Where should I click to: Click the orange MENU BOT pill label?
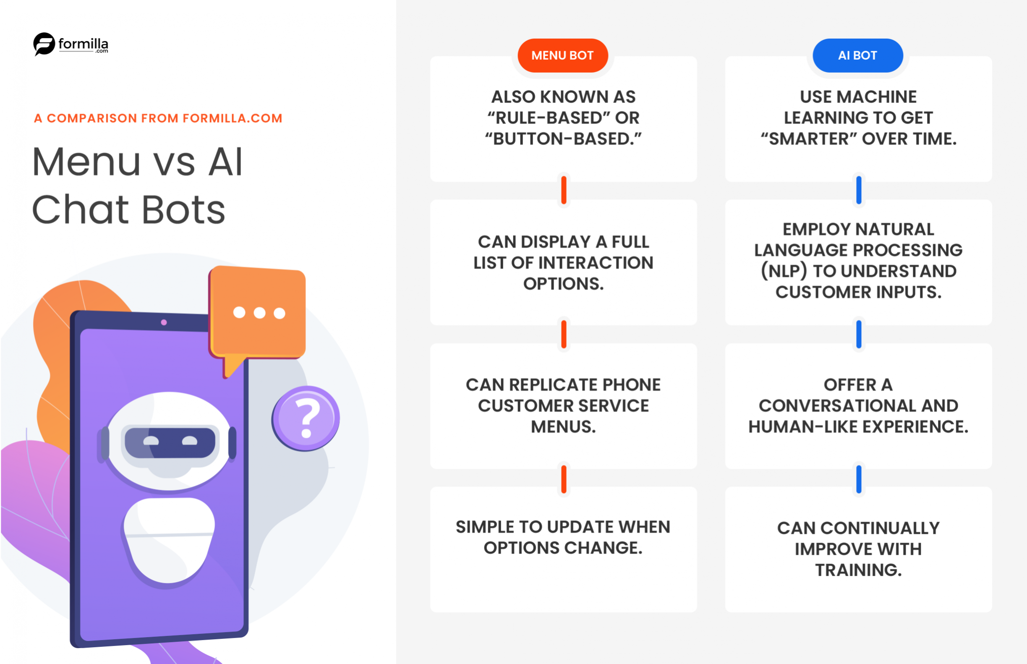pyautogui.click(x=563, y=56)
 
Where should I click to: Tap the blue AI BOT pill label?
pyautogui.click(x=857, y=56)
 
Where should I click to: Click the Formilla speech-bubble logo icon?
pyautogui.click(x=44, y=44)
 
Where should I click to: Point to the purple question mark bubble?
pyautogui.click(x=306, y=418)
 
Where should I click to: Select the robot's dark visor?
pyautogui.click(x=170, y=442)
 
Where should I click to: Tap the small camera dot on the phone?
pyautogui.click(x=164, y=322)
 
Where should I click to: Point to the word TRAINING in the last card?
pyautogui.click(x=858, y=570)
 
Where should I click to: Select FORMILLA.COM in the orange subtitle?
pyautogui.click(x=232, y=118)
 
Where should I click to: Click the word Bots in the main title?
pyautogui.click(x=183, y=210)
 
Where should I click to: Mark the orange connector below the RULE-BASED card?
pyautogui.click(x=564, y=190)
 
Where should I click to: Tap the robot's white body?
pyautogui.click(x=170, y=539)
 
